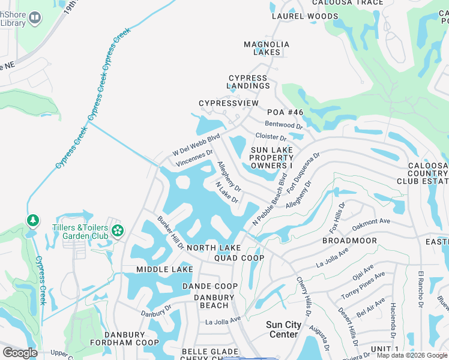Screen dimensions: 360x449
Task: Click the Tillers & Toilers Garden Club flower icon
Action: click(x=118, y=230)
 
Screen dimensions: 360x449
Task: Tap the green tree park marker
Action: click(x=32, y=221)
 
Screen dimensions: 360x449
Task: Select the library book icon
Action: click(x=35, y=19)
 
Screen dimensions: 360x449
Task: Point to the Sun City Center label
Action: click(x=284, y=329)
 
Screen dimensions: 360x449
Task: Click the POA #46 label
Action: click(x=286, y=113)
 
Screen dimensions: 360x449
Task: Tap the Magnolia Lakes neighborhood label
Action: click(x=267, y=48)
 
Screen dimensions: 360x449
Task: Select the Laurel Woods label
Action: click(x=305, y=16)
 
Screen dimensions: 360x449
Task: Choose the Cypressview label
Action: click(x=229, y=103)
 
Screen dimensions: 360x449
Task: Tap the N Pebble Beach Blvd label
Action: click(x=270, y=200)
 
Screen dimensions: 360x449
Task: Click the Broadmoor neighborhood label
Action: click(x=349, y=241)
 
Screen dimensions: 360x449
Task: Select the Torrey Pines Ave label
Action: click(x=363, y=286)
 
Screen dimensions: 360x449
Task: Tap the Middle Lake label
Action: click(x=164, y=269)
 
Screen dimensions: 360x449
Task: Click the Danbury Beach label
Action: click(x=214, y=301)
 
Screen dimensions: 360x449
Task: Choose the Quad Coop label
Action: click(x=239, y=258)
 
